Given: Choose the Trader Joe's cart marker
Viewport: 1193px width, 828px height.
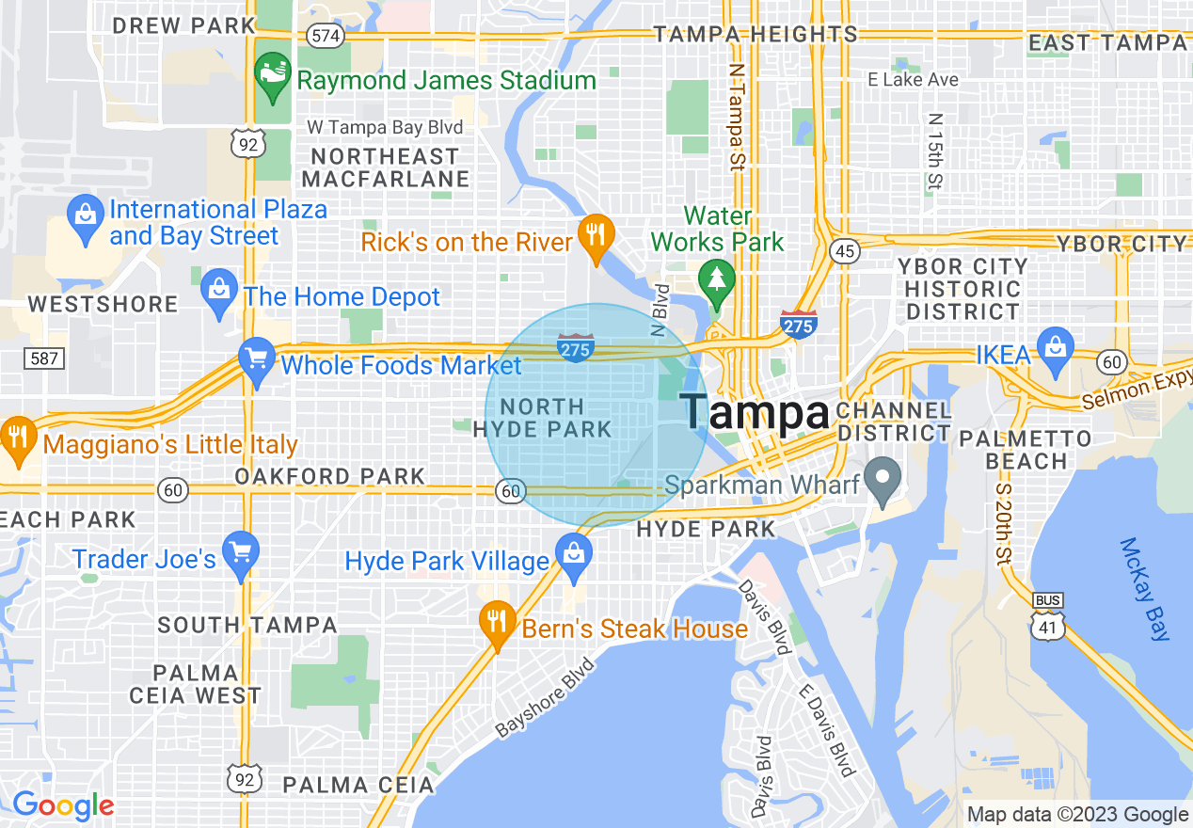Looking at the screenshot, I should [x=241, y=554].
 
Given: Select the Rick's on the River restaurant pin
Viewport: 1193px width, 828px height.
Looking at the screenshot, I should [x=595, y=234].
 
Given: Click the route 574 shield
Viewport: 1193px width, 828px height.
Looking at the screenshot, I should [x=326, y=35].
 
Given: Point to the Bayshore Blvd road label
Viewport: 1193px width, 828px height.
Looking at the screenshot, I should [x=545, y=697].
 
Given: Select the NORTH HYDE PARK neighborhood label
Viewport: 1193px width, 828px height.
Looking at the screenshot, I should [x=542, y=418].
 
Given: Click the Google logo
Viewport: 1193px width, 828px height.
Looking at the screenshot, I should [x=63, y=805].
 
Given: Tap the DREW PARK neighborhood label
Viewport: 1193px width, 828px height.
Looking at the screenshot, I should [x=183, y=25].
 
